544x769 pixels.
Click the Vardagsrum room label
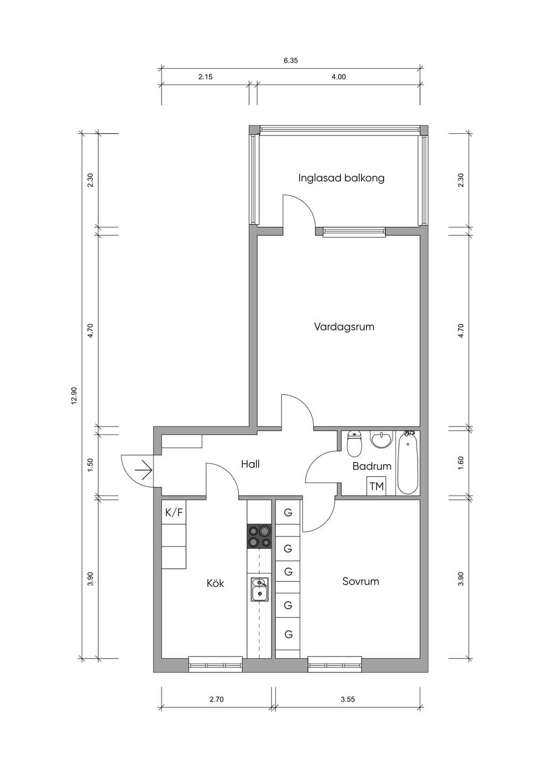(x=344, y=327)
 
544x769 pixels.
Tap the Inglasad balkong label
(x=341, y=178)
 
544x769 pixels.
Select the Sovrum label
(x=361, y=581)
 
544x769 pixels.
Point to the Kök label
(x=215, y=583)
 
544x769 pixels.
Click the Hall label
(x=250, y=464)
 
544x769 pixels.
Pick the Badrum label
(x=372, y=466)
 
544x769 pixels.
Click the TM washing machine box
(x=377, y=486)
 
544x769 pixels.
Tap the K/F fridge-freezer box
(x=174, y=512)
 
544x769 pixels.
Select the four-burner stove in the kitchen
(x=259, y=536)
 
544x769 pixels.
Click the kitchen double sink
(x=260, y=589)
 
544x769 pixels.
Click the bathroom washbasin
(x=381, y=439)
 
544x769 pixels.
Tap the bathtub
(x=407, y=463)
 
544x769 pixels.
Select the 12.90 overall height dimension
(x=74, y=396)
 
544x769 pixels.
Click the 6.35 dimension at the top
(x=291, y=61)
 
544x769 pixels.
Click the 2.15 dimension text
(x=206, y=77)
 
